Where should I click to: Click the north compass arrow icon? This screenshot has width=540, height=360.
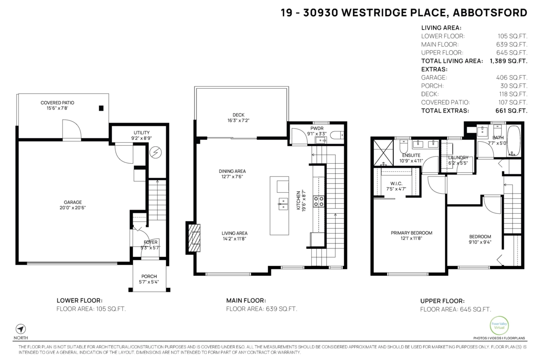21,329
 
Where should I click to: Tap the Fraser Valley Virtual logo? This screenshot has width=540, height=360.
499,325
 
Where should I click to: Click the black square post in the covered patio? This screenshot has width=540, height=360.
101,108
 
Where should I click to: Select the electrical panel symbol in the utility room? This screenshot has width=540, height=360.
156,153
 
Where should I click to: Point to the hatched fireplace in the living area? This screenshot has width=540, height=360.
194,238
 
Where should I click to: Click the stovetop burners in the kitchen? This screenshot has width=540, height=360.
319,201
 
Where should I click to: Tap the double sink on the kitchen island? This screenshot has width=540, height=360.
283,204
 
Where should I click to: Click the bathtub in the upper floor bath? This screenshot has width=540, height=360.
514,141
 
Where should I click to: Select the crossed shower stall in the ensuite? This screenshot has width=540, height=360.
383,153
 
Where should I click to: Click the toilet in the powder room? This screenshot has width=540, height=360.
337,135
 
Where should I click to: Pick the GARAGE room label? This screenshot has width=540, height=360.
72,202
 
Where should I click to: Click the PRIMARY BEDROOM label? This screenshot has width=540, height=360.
411,233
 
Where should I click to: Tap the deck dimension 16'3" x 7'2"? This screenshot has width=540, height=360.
238,120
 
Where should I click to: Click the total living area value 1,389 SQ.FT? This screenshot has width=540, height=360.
508,61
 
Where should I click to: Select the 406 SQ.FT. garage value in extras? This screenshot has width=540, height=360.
512,78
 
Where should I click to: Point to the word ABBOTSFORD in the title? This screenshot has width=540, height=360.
490,13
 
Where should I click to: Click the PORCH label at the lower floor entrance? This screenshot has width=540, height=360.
149,276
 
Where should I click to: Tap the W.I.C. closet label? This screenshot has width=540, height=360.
396,184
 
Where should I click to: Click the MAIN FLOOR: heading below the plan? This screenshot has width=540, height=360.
246,301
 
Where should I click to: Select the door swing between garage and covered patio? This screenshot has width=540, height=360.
72,130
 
